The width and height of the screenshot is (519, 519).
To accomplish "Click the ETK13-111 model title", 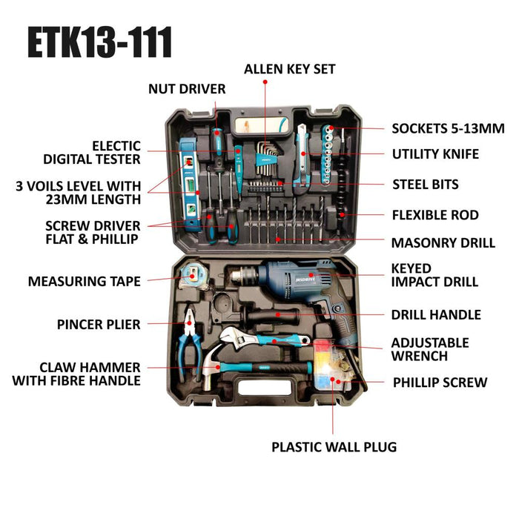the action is tap(100, 42).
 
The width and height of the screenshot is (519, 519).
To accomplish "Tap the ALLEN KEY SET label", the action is tap(290, 69).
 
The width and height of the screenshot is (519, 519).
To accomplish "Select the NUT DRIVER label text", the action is tap(187, 89).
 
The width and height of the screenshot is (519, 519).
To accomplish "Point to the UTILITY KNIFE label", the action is tap(435, 154).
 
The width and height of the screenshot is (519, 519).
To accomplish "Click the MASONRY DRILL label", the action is tap(443, 242).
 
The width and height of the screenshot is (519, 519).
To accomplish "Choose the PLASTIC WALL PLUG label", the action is tap(334, 447).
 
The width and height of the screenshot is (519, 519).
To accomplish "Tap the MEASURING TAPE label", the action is tap(85, 281).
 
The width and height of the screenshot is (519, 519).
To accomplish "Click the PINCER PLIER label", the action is tap(99, 325).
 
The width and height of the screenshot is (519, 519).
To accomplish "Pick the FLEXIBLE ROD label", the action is tap(435, 215).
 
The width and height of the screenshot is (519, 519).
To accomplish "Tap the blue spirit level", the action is tap(191, 184).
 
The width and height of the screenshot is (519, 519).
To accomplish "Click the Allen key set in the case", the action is tap(268, 159).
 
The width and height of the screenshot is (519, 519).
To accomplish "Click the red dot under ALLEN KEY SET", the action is tap(265, 82).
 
